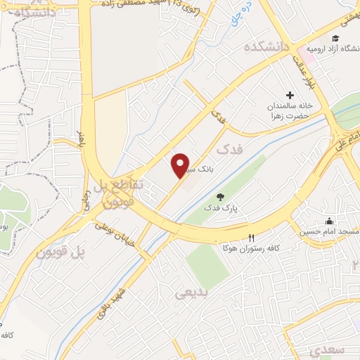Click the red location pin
[x=181, y=165]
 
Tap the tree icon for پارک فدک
[x=221, y=196]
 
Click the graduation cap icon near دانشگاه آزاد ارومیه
[x=335, y=38]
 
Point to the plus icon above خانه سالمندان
[x=290, y=95]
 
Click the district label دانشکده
[x=266, y=47]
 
